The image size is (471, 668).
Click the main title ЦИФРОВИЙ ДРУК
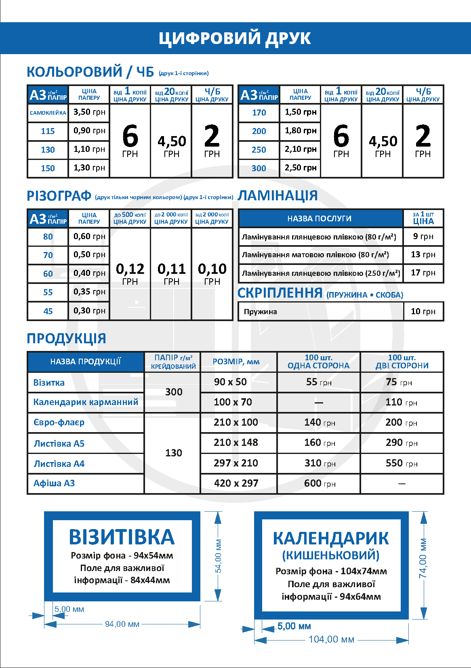coord(235,38)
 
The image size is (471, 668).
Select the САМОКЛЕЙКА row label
coord(48,113)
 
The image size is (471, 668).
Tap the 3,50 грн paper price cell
coord(89,112)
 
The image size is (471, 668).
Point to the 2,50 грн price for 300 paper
coord(301,168)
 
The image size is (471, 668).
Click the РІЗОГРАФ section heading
coord(59,196)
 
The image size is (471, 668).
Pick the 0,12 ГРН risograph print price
coord(130,273)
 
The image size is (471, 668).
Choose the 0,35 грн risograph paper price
coord(89,292)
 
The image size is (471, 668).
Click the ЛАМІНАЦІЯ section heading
coord(278,195)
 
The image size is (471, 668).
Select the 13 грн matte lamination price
coord(423,254)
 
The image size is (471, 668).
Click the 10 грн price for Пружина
coord(423,311)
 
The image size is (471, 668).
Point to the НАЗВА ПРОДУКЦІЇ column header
coord(86,361)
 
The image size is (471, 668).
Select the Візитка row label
coord(49,382)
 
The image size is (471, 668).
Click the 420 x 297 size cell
coord(236,483)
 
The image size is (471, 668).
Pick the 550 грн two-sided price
coord(401,463)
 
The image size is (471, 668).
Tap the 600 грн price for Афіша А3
coord(320,483)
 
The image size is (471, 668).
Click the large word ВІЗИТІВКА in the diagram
coord(122,537)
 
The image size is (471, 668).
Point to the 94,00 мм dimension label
coord(122,624)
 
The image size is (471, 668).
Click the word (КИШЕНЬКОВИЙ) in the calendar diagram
coord(331,555)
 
